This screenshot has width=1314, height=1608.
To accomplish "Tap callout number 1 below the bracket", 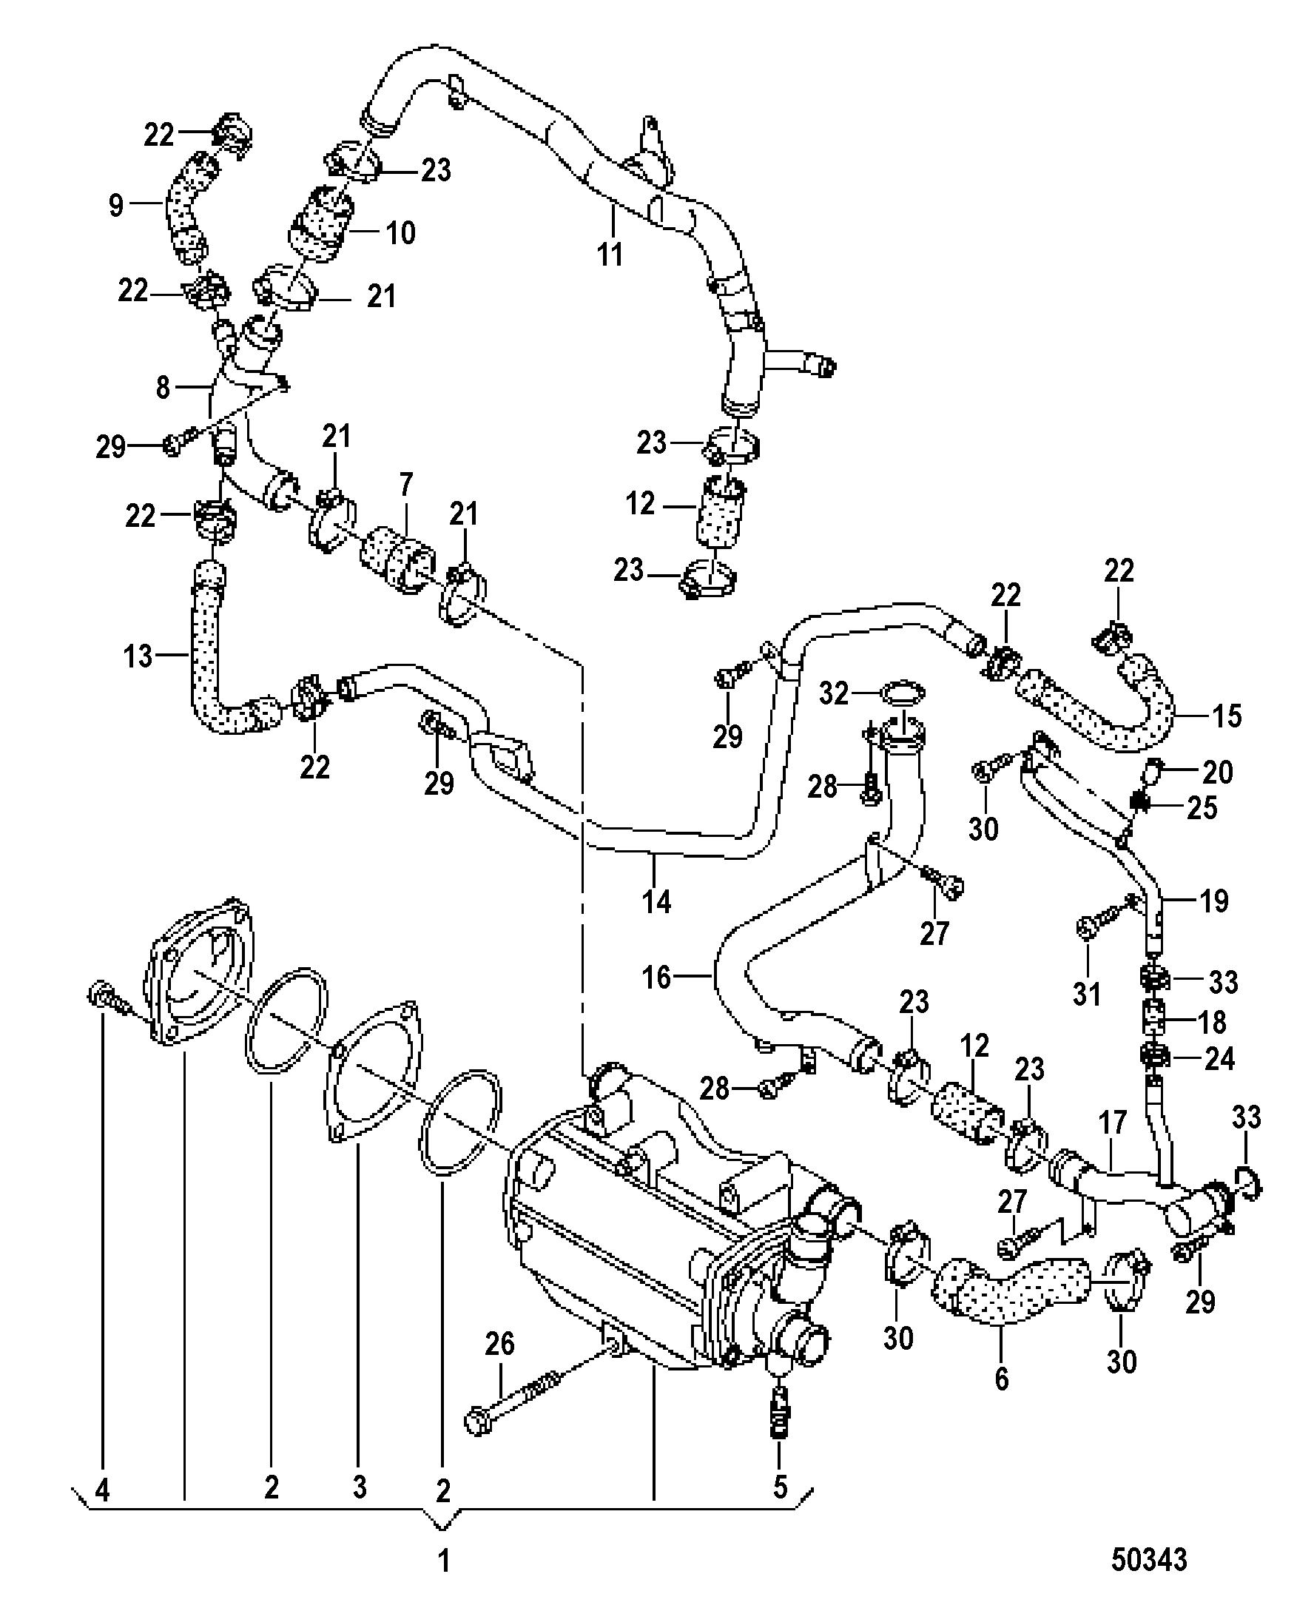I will coord(445,1561).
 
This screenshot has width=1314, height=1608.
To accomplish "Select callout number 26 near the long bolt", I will coord(499,1344).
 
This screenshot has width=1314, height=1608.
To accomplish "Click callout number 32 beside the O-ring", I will coord(834,693).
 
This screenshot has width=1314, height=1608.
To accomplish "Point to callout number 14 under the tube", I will coord(656,901).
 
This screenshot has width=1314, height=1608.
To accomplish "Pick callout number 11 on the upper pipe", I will coord(610,254).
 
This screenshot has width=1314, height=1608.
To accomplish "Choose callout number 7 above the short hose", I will coord(406,483).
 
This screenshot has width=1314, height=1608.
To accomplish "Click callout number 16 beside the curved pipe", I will coord(656,978).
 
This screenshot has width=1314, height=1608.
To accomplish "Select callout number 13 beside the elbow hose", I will coord(138,656).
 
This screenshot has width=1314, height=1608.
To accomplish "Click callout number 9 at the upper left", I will coord(116,204).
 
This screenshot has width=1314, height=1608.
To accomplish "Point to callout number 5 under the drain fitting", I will coord(780,1487).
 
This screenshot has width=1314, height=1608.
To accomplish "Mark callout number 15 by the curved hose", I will coord(1227,716).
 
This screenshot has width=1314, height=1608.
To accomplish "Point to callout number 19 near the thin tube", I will coord(1214,901).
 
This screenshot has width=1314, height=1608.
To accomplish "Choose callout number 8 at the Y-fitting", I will coord(163,388).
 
